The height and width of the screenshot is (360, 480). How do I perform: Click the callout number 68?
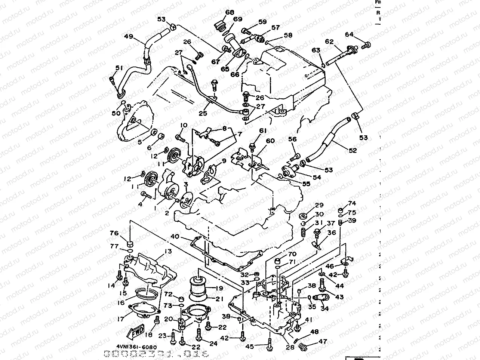click(229, 12)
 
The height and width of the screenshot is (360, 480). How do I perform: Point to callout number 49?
click(129, 37)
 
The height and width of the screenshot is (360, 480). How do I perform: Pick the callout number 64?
click(349, 34)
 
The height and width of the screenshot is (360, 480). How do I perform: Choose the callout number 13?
click(168, 252)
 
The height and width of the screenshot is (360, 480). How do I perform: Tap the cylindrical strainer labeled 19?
click(200, 286)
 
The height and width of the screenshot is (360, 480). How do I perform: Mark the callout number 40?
click(175, 236)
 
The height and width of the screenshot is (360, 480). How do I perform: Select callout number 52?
click(353, 151)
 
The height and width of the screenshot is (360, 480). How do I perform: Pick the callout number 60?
click(270, 141)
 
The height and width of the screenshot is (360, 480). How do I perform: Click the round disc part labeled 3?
click(184, 200)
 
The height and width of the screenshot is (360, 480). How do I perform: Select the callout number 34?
click(325, 308)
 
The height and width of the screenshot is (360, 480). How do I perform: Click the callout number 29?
click(319, 205)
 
